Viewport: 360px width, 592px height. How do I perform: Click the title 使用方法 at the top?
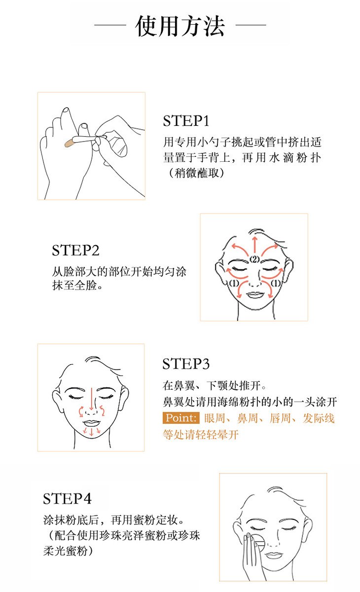coord(180,26)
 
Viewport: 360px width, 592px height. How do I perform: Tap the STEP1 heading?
coord(186,121)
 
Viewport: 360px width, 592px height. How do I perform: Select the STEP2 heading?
coord(75,250)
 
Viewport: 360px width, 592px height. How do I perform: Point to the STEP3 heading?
coord(186,364)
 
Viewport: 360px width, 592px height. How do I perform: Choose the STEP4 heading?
coord(67,499)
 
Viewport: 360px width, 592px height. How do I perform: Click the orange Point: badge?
coord(181,418)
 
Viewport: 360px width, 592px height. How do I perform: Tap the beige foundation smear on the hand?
coord(70,143)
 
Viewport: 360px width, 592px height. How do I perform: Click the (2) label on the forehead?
coord(254,259)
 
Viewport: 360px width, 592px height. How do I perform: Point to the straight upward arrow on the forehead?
coord(254,245)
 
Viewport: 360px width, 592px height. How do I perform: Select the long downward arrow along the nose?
coord(91,399)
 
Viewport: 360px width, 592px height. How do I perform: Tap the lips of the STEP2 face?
coord(255,295)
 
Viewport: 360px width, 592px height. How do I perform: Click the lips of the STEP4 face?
coord(273,555)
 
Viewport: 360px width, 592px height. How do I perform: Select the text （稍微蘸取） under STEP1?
coord(196,173)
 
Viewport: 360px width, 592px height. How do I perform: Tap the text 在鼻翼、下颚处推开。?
coord(214,386)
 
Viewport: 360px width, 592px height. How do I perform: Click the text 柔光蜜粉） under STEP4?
coord(69,551)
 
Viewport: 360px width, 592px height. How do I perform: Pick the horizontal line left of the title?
coord(110,25)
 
